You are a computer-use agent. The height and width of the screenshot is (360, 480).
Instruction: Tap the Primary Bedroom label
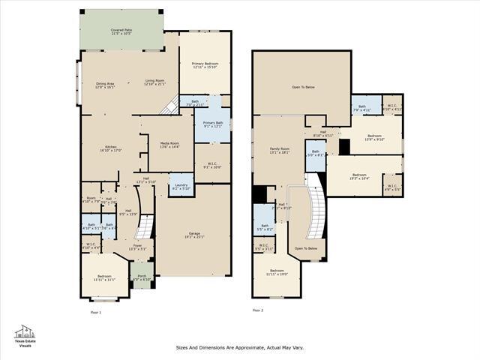[204, 66]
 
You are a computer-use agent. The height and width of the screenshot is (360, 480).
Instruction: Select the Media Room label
[169, 145]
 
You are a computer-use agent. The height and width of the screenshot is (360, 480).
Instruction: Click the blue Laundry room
[181, 185]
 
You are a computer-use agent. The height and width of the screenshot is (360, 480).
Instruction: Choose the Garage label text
[193, 235]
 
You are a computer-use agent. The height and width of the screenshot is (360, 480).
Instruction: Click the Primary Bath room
[213, 124]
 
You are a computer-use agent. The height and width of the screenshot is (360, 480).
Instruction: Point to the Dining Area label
[105, 85]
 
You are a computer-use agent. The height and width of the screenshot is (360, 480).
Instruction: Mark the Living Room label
[154, 82]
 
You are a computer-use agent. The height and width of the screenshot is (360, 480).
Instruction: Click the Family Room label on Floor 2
[279, 151]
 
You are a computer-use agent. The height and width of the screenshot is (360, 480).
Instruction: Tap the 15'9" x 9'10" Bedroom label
[373, 137]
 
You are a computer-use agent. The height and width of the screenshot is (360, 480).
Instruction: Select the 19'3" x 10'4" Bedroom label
[359, 177]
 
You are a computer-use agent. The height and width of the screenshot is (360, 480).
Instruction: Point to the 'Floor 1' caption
[95, 311]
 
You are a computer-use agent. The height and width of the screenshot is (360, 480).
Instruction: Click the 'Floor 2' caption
[257, 310]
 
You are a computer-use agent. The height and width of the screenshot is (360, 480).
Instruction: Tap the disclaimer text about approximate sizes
[240, 347]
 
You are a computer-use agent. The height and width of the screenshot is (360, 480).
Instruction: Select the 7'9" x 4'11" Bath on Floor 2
[362, 108]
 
